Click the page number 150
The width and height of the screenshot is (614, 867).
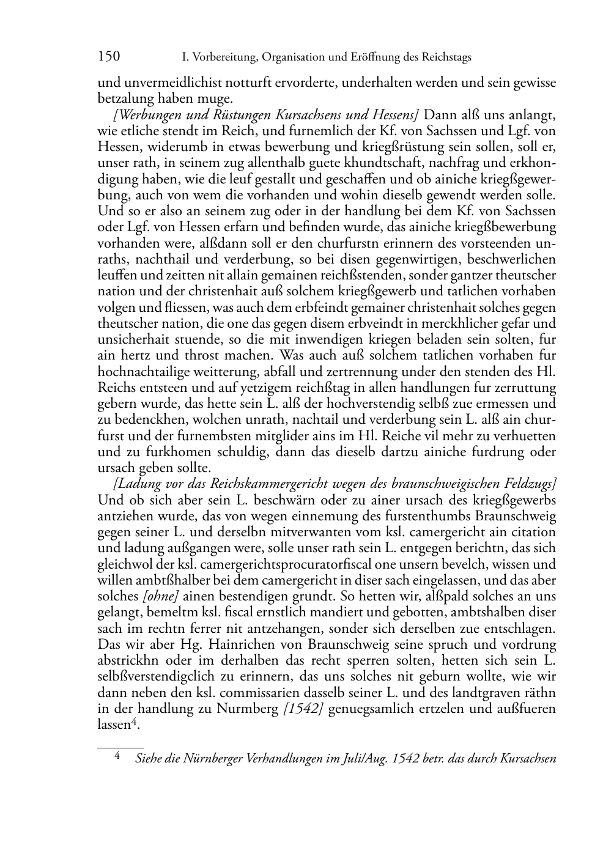coord(109,57)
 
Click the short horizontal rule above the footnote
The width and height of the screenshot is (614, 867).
coord(120,747)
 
